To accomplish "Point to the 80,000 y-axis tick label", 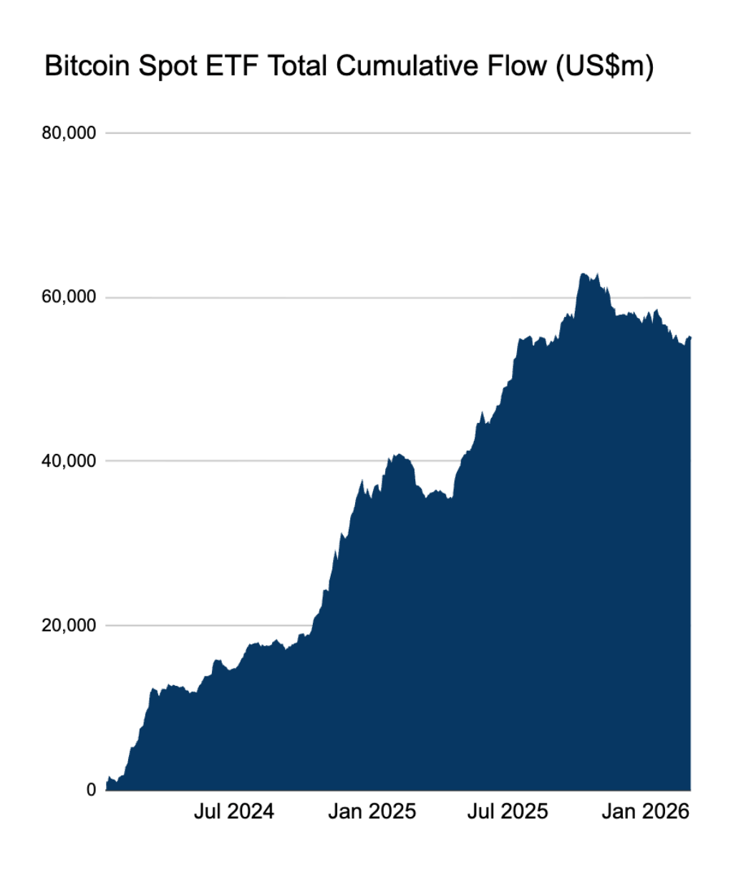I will (x=69, y=133).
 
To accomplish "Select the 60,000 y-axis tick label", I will (x=69, y=297).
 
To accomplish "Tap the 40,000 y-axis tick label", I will (x=69, y=461).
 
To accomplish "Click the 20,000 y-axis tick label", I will (x=69, y=625).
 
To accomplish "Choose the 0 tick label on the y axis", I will (x=91, y=790).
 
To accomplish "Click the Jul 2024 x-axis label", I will (x=234, y=811).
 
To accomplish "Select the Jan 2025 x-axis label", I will (x=372, y=811).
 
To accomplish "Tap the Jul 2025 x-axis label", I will (x=508, y=811).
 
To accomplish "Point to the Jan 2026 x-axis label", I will (x=646, y=811).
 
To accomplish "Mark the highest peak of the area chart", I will (x=584, y=273).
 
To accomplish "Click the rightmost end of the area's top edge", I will (x=690, y=336).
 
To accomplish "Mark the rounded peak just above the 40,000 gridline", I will (x=399, y=454).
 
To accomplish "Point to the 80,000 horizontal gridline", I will (x=398, y=133).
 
